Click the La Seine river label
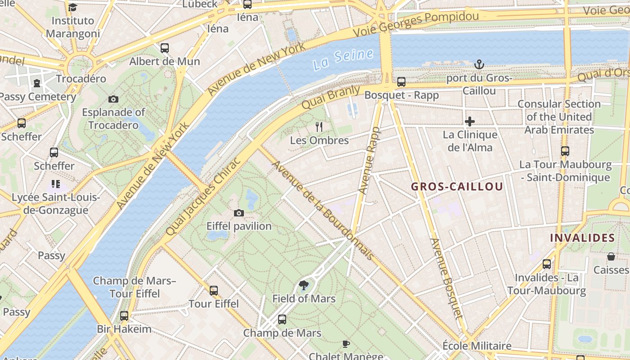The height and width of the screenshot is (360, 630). coord(343,59)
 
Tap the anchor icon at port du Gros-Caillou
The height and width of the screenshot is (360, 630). coord(479,65)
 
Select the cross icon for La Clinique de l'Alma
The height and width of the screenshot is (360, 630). coord(470,121)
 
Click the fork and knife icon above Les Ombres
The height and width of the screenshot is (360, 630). coord(319,127)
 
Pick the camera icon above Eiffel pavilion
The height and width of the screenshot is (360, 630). coord(239,213)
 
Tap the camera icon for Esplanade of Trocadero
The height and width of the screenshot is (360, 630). coord(113,99)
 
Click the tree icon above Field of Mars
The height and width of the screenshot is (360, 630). coord(304,285)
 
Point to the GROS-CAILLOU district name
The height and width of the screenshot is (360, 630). coord(457,187)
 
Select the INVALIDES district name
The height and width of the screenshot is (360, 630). coord(582,238)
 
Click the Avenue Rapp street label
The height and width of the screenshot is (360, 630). coord(370,161)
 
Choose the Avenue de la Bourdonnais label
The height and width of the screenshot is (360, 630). coord(323,210)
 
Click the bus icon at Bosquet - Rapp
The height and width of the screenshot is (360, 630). coord(401,82)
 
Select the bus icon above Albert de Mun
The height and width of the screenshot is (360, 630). coord(165,48)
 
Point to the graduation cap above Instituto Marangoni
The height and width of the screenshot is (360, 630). coord(73,7)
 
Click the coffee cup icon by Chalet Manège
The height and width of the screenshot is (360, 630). coord(346,344)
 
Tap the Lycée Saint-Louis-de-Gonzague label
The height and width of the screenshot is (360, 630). coord(56,204)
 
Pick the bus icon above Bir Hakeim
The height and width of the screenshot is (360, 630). coord(124,316)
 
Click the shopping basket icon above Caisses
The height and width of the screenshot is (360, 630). coord(611,256)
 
